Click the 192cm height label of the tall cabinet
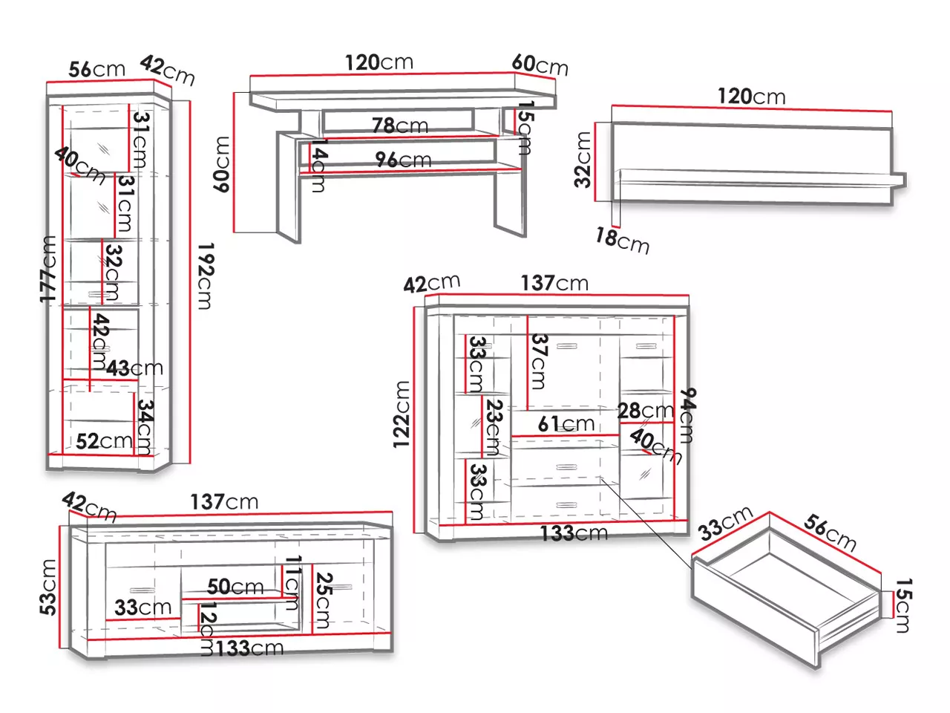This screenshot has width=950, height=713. point(206,276)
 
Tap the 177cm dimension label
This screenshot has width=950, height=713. point(48,270)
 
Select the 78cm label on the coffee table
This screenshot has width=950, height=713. point(400,126)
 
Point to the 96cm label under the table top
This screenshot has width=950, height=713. point(403,160)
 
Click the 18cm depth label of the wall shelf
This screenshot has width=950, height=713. point(623,241)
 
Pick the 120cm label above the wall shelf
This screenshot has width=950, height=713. point(752,96)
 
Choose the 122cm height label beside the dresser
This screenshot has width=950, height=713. point(402,414)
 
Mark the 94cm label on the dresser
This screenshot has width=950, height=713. point(687,416)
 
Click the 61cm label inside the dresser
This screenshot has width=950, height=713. point(566,424)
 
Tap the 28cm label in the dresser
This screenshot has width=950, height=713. point(646,411)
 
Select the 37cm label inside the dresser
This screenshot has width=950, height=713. point(540,362)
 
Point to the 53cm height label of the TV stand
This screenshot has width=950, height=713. point(48,587)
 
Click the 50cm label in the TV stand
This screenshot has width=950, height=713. point(235,587)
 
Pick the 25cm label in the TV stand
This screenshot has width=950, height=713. point(324,600)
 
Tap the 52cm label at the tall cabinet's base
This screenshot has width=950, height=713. point(105,441)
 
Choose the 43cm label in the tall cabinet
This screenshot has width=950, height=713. point(134,368)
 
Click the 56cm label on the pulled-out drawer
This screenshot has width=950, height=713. point(830,533)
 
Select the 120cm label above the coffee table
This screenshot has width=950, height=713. point(379,62)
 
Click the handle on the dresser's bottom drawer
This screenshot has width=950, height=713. point(566,505)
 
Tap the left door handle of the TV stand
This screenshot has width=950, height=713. point(142,590)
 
